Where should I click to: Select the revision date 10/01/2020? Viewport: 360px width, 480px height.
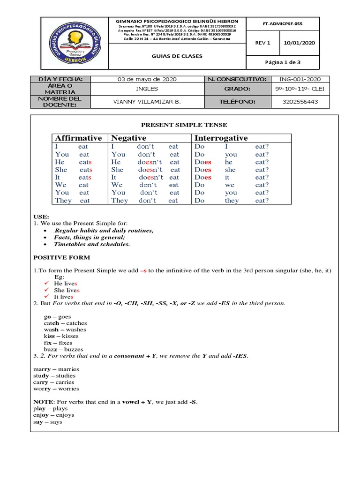click(300, 43)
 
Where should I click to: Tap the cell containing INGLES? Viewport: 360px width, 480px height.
click(147, 89)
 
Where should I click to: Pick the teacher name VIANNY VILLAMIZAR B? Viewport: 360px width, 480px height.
click(147, 101)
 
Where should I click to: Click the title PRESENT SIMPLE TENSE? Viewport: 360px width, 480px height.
click(184, 125)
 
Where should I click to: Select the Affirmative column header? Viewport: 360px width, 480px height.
click(78, 138)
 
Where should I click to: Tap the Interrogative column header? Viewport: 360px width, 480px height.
click(221, 138)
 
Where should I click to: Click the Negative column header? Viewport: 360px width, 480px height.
click(128, 138)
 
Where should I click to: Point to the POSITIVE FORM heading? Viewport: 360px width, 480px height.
click(62, 257)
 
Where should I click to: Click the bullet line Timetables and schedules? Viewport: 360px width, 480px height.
click(92, 244)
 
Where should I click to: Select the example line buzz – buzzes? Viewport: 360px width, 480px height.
click(63, 349)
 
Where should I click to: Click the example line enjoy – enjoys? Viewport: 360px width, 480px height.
click(53, 415)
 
